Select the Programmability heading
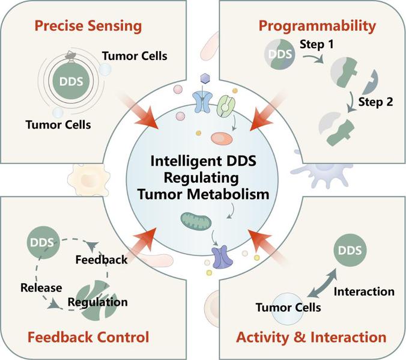point(317,26)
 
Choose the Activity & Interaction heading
point(312,336)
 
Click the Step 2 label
point(377,102)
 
